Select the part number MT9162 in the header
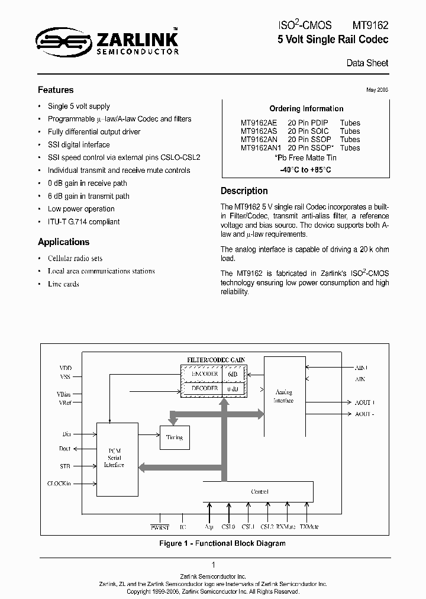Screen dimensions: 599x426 (x=370, y=25)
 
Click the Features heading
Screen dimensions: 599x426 (x=56, y=90)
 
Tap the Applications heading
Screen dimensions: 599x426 (x=63, y=241)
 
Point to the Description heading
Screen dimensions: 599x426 (x=244, y=191)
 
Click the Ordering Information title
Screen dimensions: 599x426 (x=306, y=108)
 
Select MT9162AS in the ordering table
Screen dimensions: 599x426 (x=259, y=131)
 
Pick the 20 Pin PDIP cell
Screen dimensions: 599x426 (x=308, y=123)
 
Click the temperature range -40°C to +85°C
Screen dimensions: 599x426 (x=305, y=170)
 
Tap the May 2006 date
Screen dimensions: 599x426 (x=377, y=89)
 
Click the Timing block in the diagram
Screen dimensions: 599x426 (x=174, y=437)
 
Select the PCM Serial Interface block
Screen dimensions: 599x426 (x=114, y=458)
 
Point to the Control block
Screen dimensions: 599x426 (x=259, y=491)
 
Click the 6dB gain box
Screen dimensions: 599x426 (x=233, y=374)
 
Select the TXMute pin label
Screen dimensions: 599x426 (x=309, y=526)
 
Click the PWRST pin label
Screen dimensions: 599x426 (x=159, y=526)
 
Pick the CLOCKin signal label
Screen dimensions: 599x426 (x=59, y=484)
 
